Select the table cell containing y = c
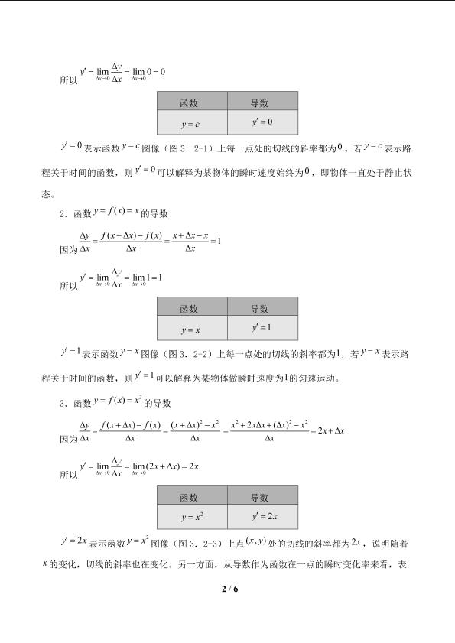pyautogui.click(x=191, y=123)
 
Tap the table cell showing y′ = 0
pyautogui.click(x=262, y=122)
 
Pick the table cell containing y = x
pyautogui.click(x=191, y=330)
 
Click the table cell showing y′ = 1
pyautogui.click(x=262, y=329)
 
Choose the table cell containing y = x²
pyautogui.click(x=191, y=517)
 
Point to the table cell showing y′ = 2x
pyautogui.click(x=262, y=516)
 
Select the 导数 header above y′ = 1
pyautogui.click(x=262, y=308)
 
